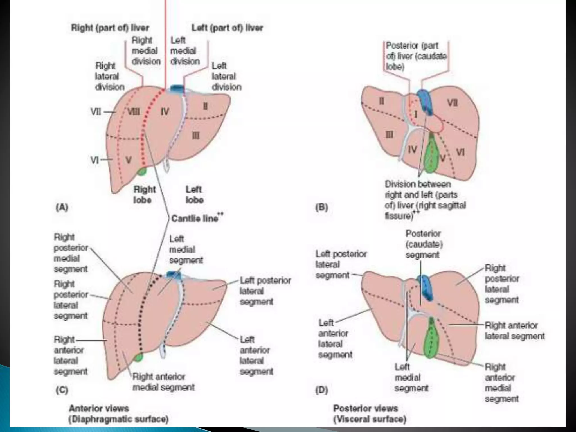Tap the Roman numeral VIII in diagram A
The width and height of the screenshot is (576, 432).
[134, 112]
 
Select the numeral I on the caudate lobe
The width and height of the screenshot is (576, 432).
[416, 114]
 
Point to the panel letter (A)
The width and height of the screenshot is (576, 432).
[62, 207]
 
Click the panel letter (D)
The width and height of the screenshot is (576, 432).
[322, 390]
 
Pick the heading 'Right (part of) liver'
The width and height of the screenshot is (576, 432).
[110, 28]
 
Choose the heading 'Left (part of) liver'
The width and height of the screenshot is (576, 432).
[227, 28]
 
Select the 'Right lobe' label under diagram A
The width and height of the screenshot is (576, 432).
[144, 194]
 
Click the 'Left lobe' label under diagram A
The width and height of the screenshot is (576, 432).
[194, 194]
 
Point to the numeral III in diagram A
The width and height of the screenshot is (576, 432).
[196, 136]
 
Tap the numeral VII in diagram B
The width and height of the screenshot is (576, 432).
[453, 103]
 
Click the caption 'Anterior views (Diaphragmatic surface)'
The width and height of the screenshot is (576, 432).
[118, 414]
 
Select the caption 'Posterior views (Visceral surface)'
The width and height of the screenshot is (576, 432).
[370, 414]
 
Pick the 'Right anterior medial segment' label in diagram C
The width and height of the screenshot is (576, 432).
[163, 382]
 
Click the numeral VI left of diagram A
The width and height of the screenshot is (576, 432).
[94, 160]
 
